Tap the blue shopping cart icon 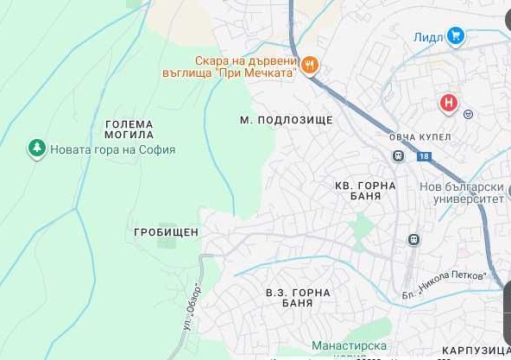[x=456, y=35]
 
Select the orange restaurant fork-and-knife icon [x=310, y=63]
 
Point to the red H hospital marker [x=448, y=104]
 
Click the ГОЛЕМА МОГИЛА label [x=128, y=129]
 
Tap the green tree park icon [x=36, y=148]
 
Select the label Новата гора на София [x=112, y=149]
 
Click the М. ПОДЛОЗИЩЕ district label [x=286, y=119]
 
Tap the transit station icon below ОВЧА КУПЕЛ [x=398, y=156]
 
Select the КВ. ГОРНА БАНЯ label [x=365, y=191]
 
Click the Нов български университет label [x=461, y=193]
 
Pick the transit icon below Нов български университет [x=414, y=239]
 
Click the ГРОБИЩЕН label [x=167, y=232]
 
